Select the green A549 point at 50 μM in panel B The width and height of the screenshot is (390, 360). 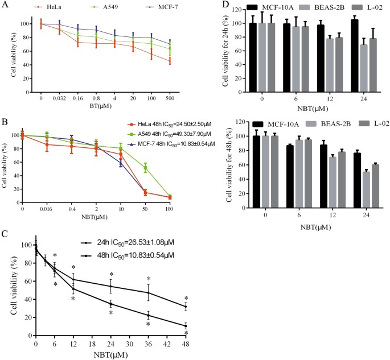(145, 168)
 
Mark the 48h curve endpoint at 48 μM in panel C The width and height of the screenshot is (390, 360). (186, 326)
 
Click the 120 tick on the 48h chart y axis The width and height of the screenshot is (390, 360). (241, 122)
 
